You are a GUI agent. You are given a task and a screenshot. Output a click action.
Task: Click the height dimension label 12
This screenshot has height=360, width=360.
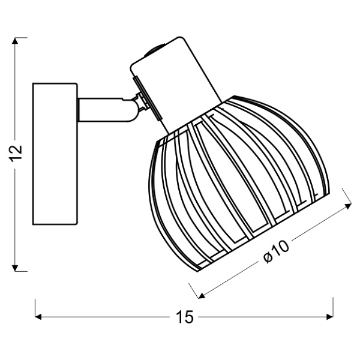(18, 153)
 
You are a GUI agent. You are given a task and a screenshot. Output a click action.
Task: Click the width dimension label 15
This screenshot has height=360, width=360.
(185, 317)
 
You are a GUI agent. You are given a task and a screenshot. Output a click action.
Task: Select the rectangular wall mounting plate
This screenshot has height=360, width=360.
(55, 153)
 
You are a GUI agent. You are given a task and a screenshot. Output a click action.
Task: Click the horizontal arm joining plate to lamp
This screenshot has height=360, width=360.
(102, 110)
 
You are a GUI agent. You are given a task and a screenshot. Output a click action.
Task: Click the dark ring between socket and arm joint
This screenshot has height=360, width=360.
(143, 101)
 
